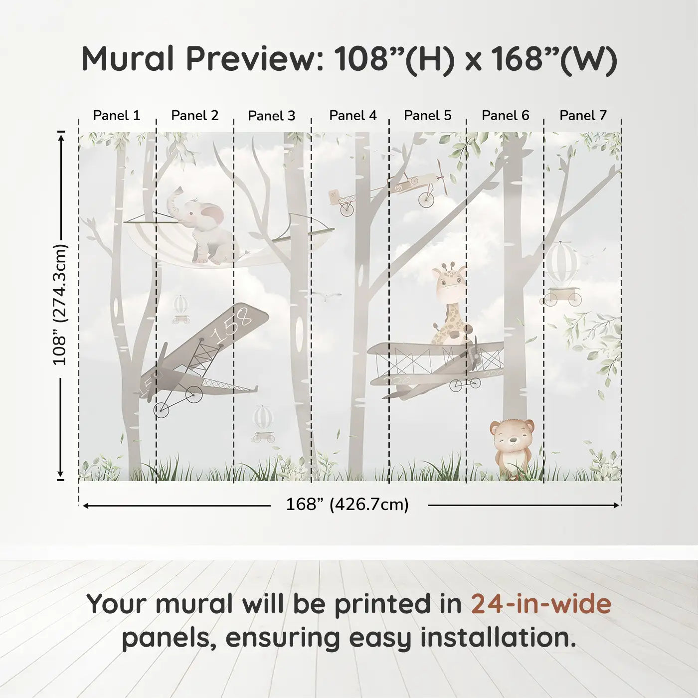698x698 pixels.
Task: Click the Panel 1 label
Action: (x=116, y=115)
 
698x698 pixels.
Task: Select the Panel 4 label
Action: (x=353, y=115)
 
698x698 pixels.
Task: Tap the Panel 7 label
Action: (x=583, y=115)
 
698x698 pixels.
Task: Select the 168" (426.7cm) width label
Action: (x=347, y=504)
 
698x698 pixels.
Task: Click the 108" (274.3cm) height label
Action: (x=60, y=305)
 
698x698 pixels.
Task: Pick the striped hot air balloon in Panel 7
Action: (x=561, y=274)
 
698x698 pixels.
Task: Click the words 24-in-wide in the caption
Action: (x=541, y=604)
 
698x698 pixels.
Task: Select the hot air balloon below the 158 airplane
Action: (x=263, y=423)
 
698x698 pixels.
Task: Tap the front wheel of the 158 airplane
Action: (x=162, y=410)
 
